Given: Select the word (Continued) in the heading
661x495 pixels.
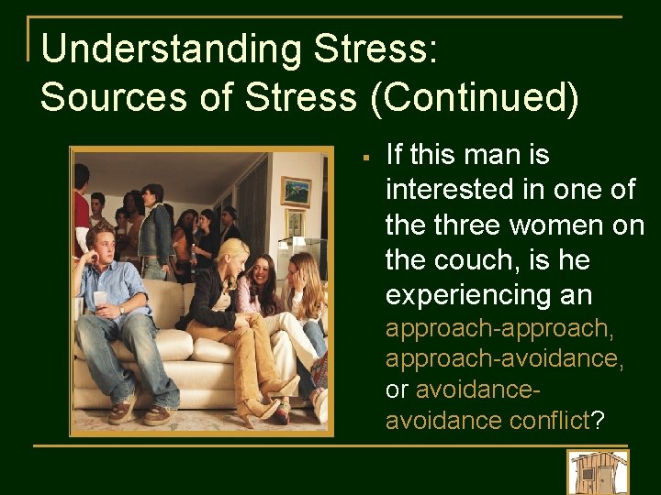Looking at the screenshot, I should click(x=475, y=95).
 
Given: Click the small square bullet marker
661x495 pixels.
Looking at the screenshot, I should click(x=365, y=157).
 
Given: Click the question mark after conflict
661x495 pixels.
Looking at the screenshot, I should click(x=598, y=421).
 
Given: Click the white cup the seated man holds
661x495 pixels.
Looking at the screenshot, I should click(x=100, y=299).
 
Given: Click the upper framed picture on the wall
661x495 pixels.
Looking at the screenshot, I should click(x=296, y=191).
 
